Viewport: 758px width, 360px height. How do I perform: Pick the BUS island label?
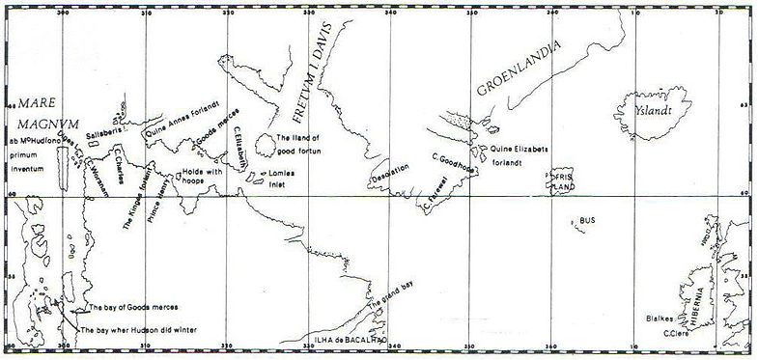pos(587,221)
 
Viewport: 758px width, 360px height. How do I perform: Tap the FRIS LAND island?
pos(562,182)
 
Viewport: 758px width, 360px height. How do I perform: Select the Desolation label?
pos(390,173)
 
